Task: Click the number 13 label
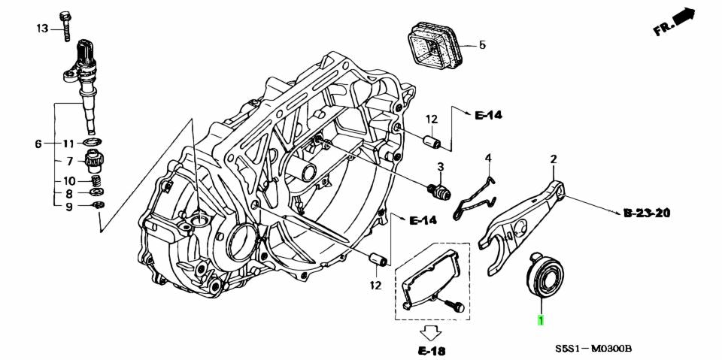(x=42, y=29)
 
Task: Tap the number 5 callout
(x=482, y=45)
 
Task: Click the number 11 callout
(x=67, y=144)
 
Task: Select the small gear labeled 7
(x=96, y=160)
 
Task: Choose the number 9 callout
(x=68, y=206)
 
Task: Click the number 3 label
(x=441, y=166)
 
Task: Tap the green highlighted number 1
(x=539, y=321)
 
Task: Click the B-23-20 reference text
(x=646, y=213)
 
